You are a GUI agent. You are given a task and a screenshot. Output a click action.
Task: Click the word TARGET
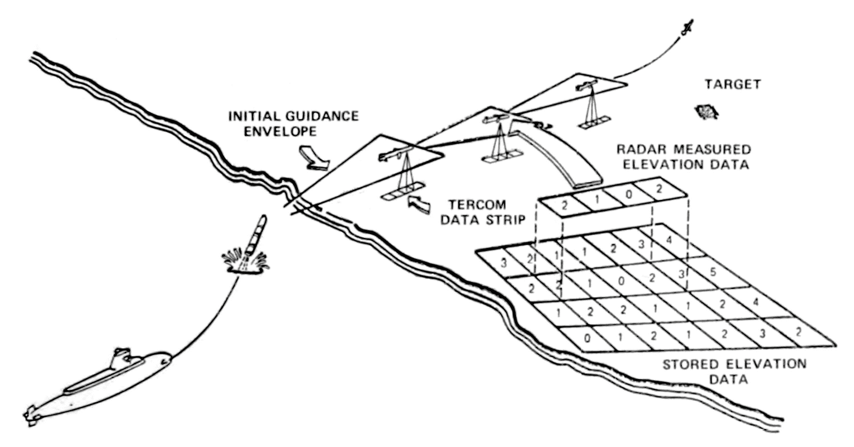pos(733,85)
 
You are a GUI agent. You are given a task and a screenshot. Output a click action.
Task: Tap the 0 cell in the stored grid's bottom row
pos(586,337)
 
